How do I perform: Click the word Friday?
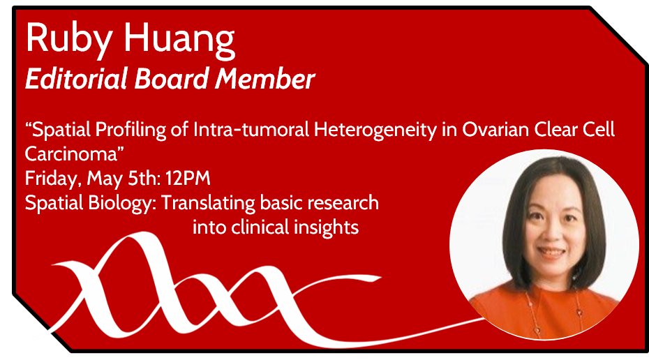coord(52,179)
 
